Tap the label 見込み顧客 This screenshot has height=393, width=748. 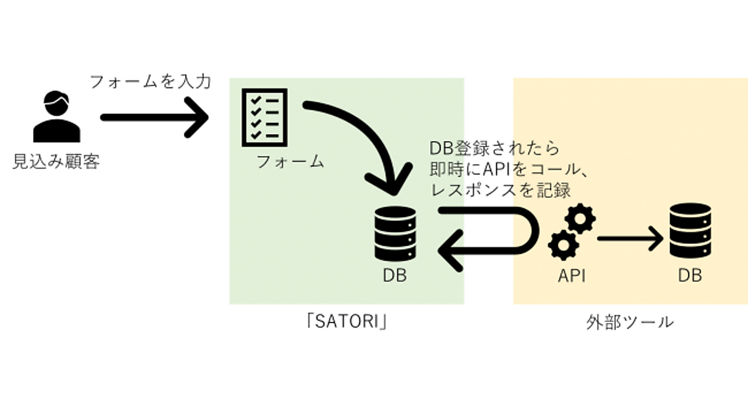pyautogui.click(x=57, y=163)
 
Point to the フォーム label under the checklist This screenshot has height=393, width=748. pyautogui.click(x=290, y=162)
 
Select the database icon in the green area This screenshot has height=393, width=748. pyautogui.click(x=395, y=234)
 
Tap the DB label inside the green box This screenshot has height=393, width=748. pyautogui.click(x=395, y=275)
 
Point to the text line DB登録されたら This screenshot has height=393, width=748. pyautogui.click(x=496, y=148)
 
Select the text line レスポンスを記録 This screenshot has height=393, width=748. pyautogui.click(x=500, y=190)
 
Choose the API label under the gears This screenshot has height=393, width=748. pyautogui.click(x=571, y=275)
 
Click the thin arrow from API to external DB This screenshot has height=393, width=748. pyautogui.click(x=628, y=238)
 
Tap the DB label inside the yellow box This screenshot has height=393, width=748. pyautogui.click(x=689, y=275)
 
